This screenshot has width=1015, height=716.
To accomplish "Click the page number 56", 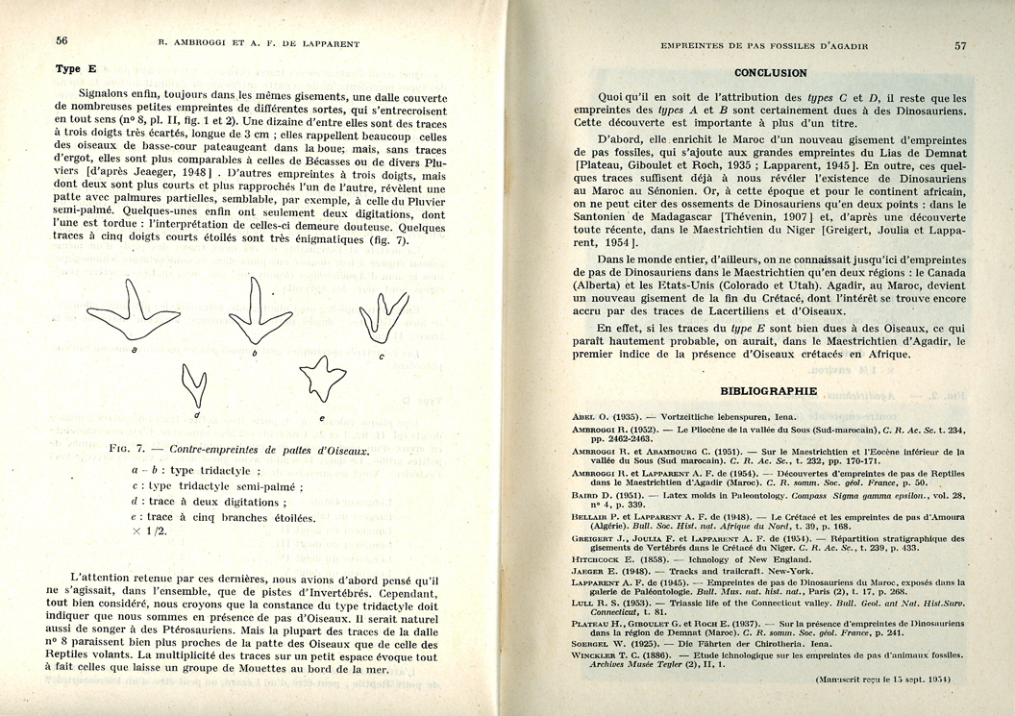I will [61, 40].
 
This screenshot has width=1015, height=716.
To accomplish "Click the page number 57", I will [960, 44].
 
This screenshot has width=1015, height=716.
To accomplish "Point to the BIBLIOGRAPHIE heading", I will [769, 391].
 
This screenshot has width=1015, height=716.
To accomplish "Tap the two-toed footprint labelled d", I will [195, 383].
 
